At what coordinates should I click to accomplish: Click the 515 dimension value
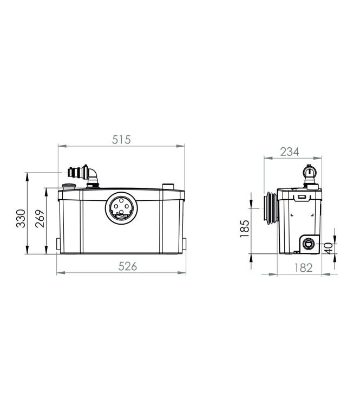pyautogui.click(x=121, y=139)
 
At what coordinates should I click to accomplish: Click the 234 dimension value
pyautogui.click(x=290, y=152)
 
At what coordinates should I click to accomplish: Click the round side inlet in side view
pyautogui.click(x=310, y=243)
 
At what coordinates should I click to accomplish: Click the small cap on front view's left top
pyautogui.click(x=68, y=187)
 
